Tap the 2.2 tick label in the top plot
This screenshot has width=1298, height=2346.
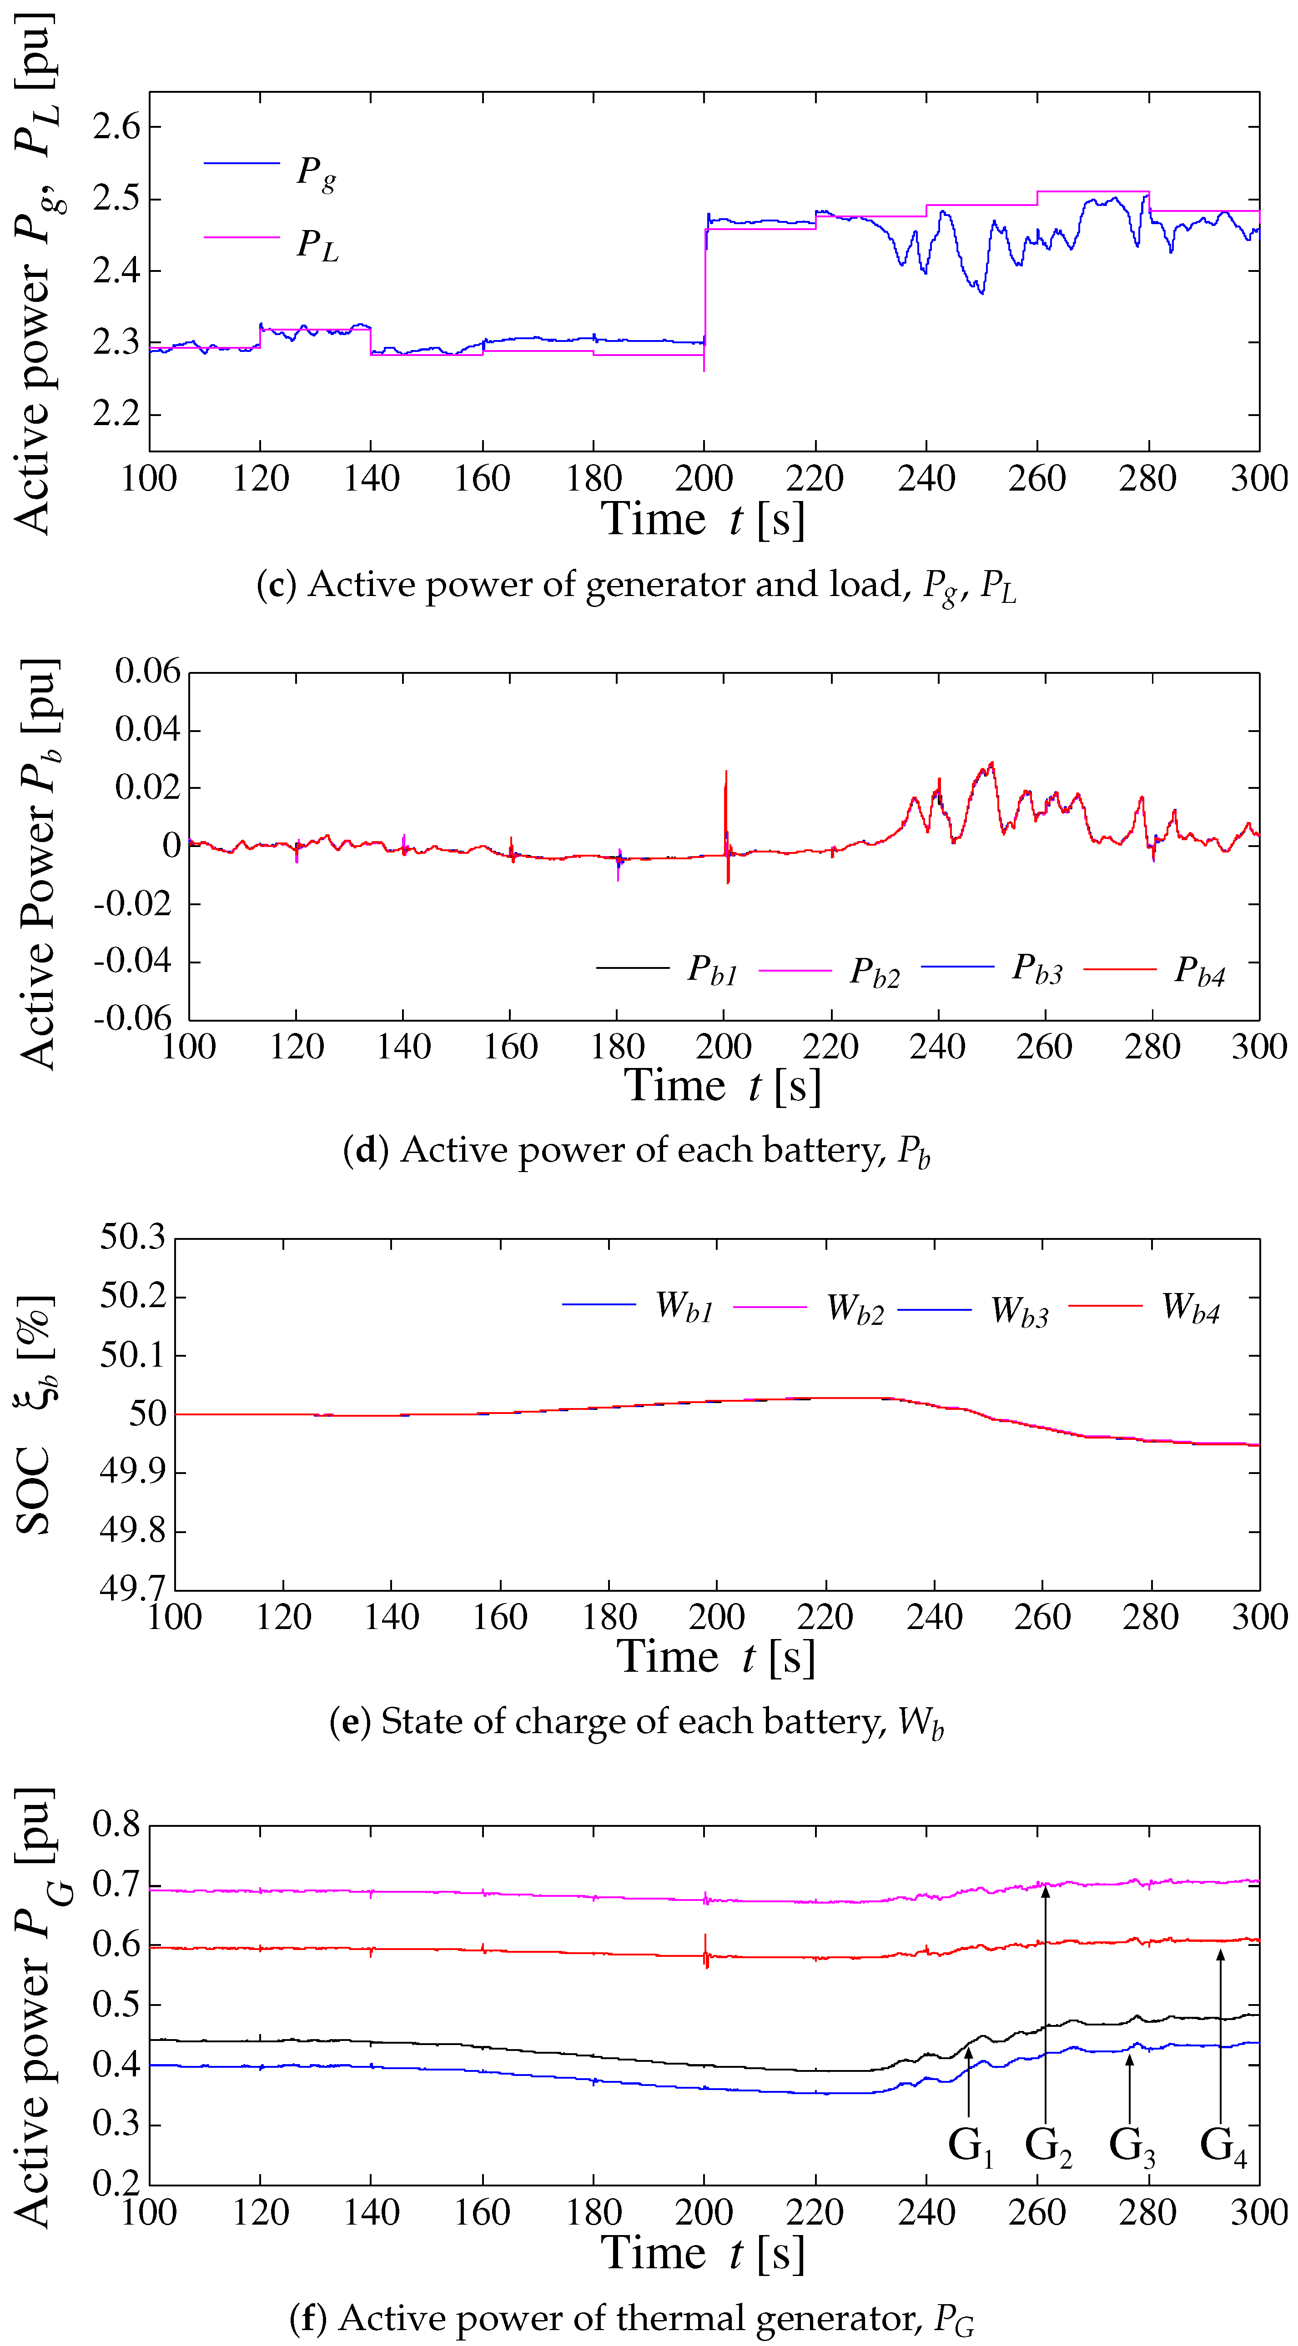pyautogui.click(x=116, y=414)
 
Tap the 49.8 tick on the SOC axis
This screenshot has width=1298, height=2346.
pyautogui.click(x=133, y=1531)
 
